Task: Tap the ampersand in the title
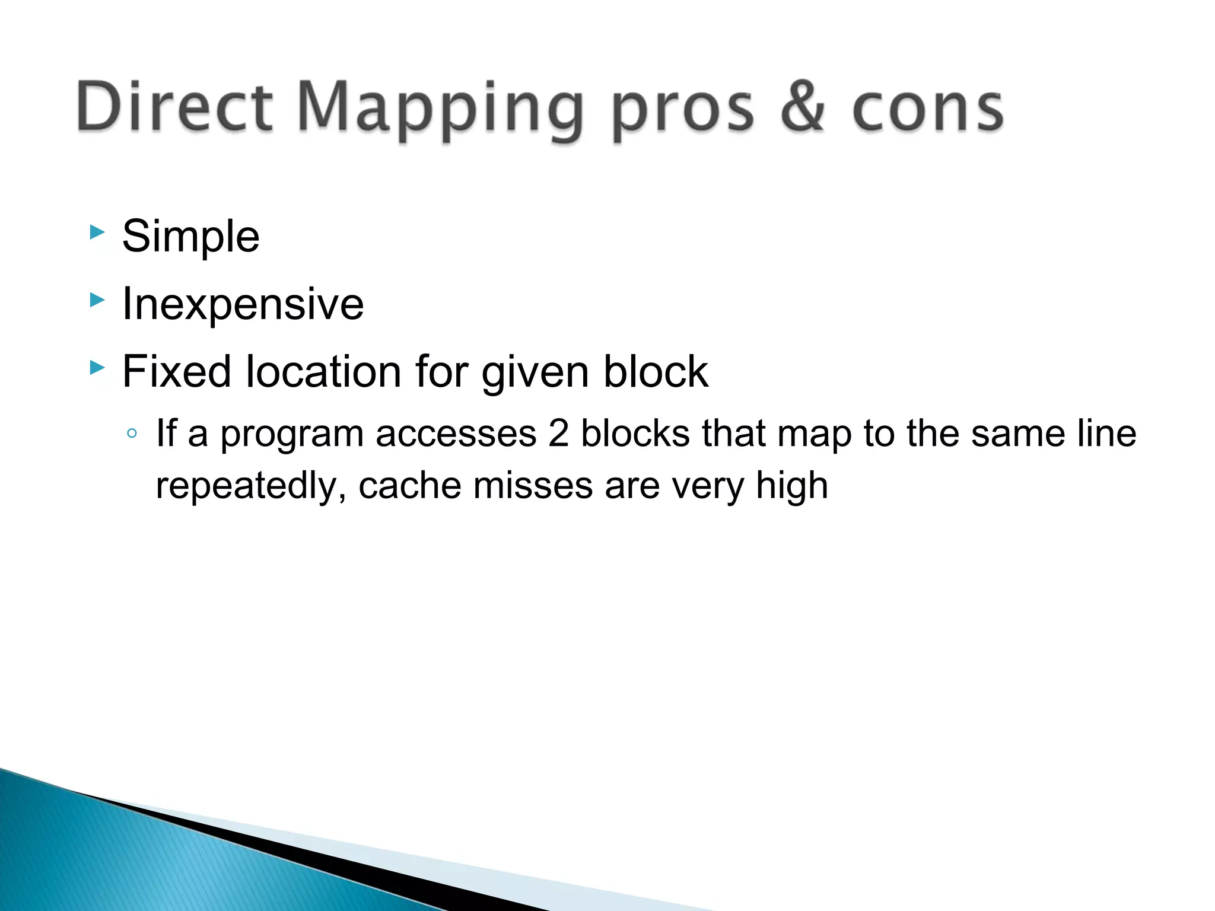(x=802, y=107)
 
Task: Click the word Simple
(x=190, y=237)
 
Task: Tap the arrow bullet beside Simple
(x=97, y=232)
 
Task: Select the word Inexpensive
(x=243, y=304)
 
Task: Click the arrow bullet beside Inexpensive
(x=97, y=300)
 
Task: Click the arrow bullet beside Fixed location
(x=97, y=368)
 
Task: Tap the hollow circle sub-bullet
(x=132, y=434)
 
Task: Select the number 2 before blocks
(x=558, y=434)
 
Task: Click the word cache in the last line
(x=409, y=486)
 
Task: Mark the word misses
(x=533, y=486)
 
